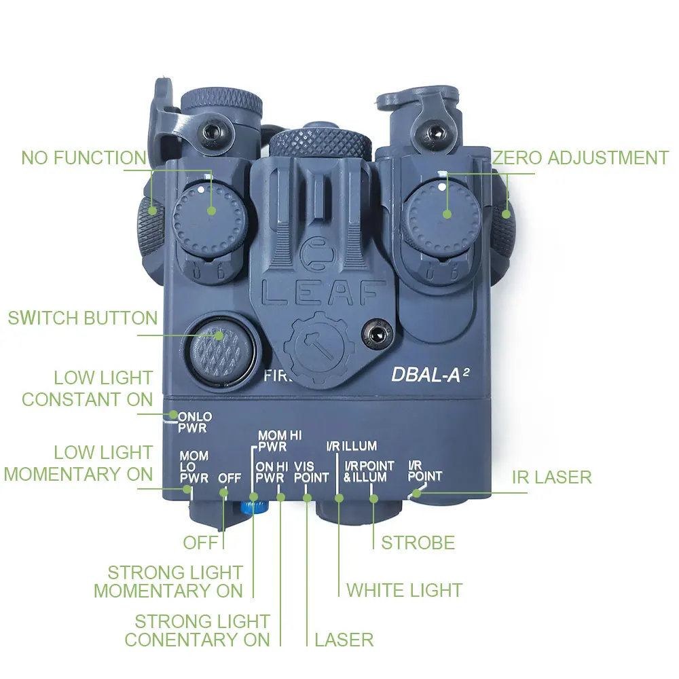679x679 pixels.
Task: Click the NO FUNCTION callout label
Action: pyautogui.click(x=84, y=158)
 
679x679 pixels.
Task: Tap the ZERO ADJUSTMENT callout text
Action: pyautogui.click(x=581, y=158)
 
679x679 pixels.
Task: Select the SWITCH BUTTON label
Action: pyautogui.click(x=83, y=318)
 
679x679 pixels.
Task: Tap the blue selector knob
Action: pyautogui.click(x=249, y=507)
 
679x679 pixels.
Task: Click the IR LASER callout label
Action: pyautogui.click(x=551, y=477)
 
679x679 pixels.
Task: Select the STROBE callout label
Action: pyautogui.click(x=418, y=543)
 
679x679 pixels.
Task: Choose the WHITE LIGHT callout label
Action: pyautogui.click(x=405, y=590)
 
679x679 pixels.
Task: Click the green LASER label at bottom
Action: pyautogui.click(x=344, y=639)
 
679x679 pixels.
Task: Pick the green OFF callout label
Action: pyautogui.click(x=201, y=543)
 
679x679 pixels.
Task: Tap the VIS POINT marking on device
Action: pyautogui.click(x=311, y=472)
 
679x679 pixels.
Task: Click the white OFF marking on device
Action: pyautogui.click(x=230, y=478)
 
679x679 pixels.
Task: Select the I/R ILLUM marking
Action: pyautogui.click(x=351, y=447)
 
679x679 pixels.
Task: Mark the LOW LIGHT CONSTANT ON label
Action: pyautogui.click(x=87, y=388)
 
